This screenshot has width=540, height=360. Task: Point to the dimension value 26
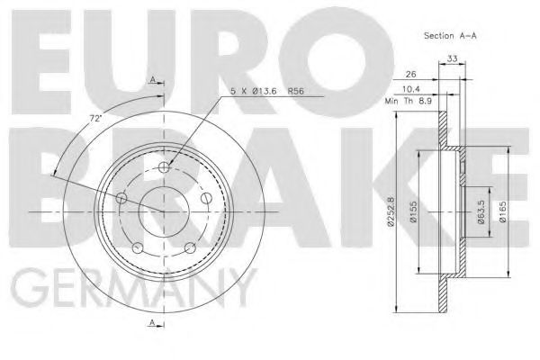[412, 74]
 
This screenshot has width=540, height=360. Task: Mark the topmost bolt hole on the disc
[163, 168]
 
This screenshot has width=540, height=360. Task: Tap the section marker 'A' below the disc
[155, 322]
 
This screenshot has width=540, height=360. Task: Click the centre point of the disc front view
[163, 211]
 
